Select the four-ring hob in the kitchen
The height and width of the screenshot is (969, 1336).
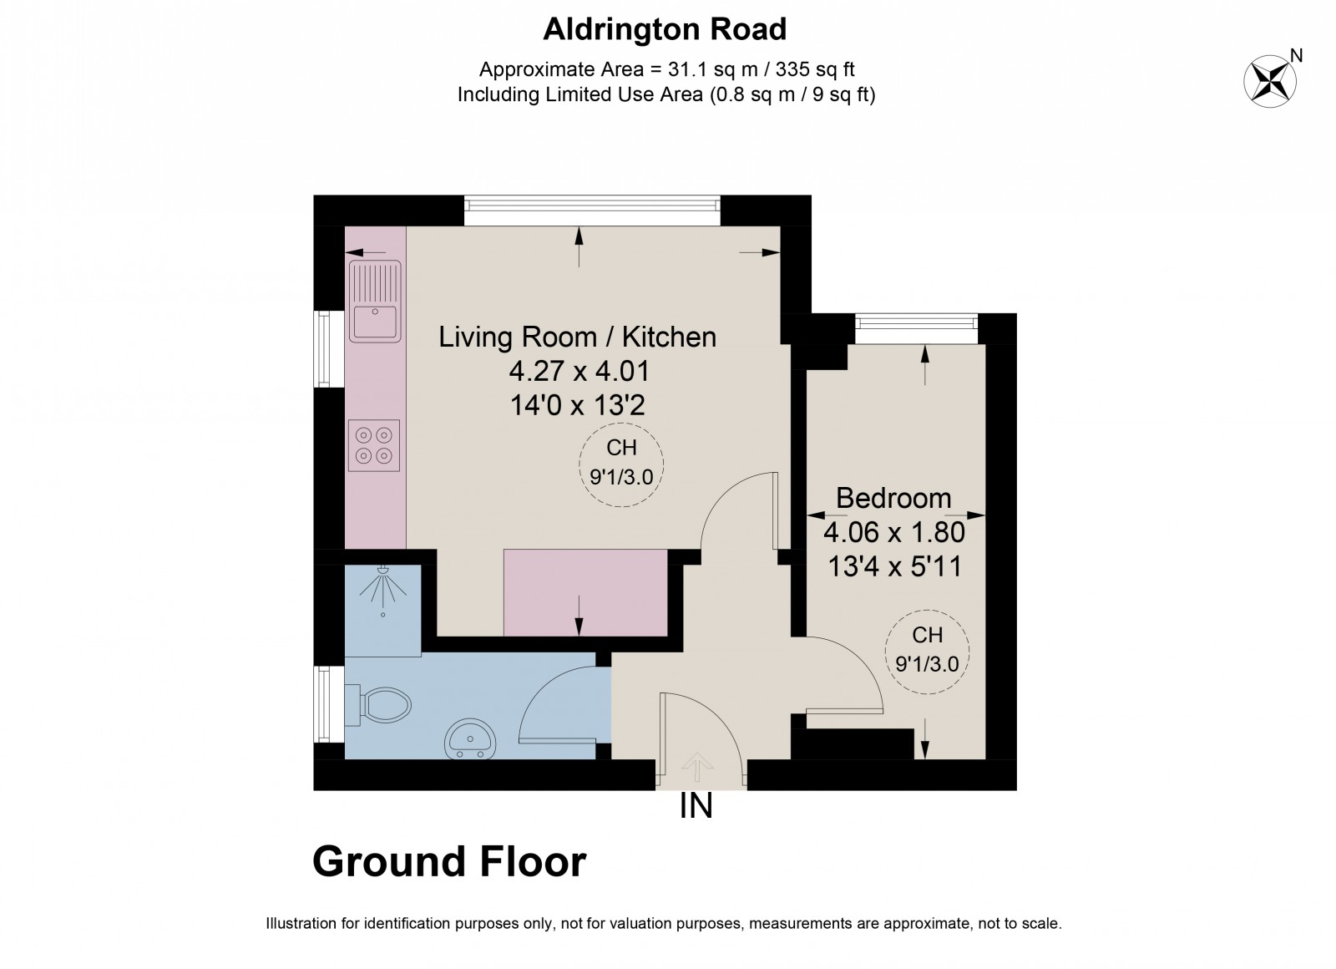click(374, 444)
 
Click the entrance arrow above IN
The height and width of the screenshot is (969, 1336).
click(697, 764)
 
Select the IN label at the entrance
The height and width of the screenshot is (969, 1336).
click(696, 807)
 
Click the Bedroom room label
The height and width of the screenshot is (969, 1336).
click(893, 498)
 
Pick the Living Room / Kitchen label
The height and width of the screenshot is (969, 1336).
click(577, 337)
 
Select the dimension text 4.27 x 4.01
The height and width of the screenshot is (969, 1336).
click(579, 371)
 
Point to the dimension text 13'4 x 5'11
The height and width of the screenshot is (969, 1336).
click(894, 567)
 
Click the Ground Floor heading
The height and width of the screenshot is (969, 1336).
click(449, 861)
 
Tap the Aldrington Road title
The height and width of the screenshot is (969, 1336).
click(665, 30)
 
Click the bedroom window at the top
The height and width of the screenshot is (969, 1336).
click(916, 327)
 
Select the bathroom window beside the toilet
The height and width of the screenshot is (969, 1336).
click(329, 703)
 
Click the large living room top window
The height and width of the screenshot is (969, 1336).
click(591, 210)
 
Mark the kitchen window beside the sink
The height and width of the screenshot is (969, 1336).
click(329, 348)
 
